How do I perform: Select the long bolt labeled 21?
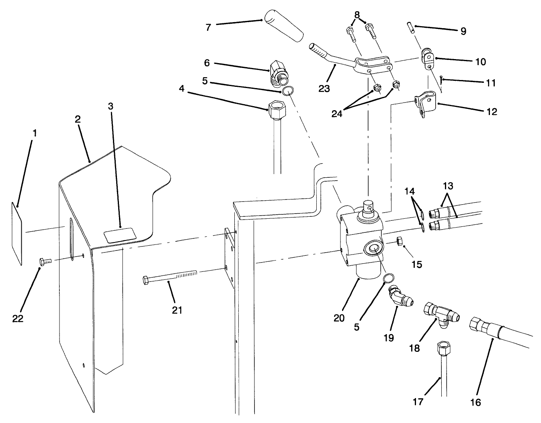click(x=169, y=277)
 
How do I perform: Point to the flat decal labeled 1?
click(x=16, y=233)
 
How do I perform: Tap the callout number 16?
click(x=475, y=402)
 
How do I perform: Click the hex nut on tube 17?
click(x=443, y=347)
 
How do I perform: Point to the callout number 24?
click(x=337, y=114)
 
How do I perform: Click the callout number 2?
click(x=78, y=119)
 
